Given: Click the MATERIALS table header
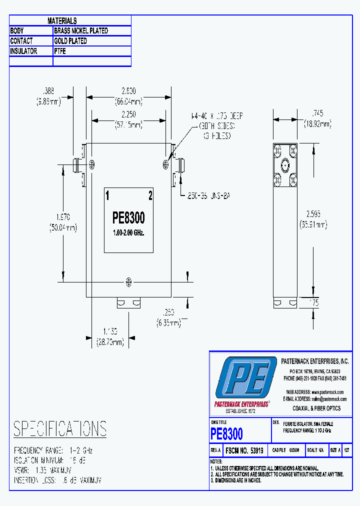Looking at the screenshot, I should tap(62, 20).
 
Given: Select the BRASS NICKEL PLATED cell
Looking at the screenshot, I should tap(81, 30).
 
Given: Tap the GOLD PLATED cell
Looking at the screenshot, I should tap(70, 41).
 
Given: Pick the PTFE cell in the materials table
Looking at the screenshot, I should tap(60, 51).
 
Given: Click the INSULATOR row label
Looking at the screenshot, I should tap(23, 51).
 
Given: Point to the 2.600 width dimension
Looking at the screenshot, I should tap(129, 95).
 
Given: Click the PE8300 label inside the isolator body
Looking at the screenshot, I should tap(129, 218).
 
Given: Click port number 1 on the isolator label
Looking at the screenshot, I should tap(107, 195).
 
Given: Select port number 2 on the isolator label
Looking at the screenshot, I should tap(150, 195).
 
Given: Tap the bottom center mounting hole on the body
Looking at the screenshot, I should tap(129, 282).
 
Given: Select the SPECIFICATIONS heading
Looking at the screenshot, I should tap(60, 429).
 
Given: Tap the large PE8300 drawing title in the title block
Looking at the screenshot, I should tap(227, 433).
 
